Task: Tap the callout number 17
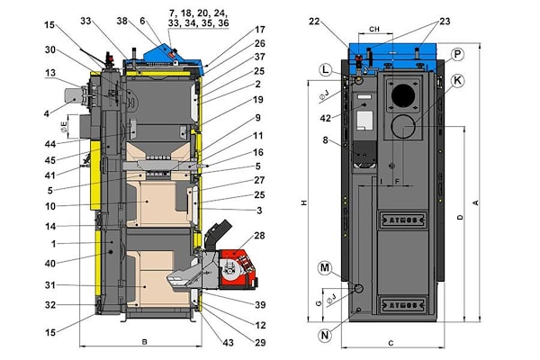pyautogui.click(x=234, y=30)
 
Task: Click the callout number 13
pyautogui.click(x=53, y=74)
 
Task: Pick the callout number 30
pyautogui.click(x=53, y=49)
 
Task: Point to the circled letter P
pyautogui.click(x=458, y=54)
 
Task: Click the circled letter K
pyautogui.click(x=458, y=80)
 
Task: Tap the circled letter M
pyautogui.click(x=324, y=267)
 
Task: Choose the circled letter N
pyautogui.click(x=324, y=336)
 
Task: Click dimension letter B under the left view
pyautogui.click(x=144, y=343)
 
